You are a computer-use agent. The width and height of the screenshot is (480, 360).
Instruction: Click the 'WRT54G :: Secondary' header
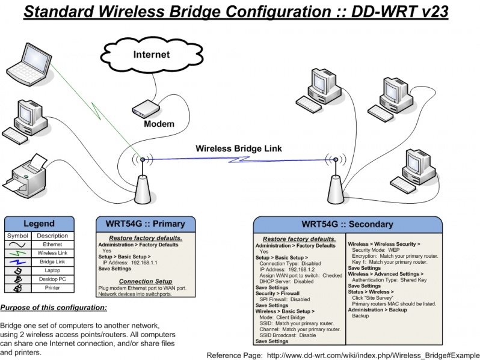347,225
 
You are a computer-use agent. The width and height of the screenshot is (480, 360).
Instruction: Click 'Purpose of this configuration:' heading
54,308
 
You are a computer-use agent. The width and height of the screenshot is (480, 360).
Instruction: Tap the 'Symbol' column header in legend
17,236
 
